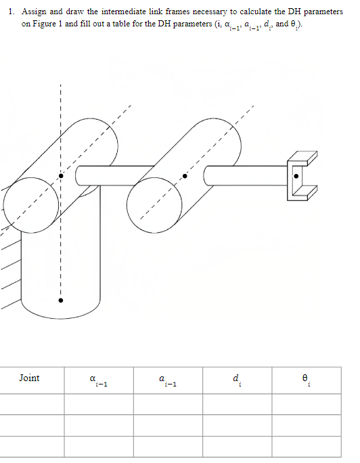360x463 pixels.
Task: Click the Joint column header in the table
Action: tap(29, 378)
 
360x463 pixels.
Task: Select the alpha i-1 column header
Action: tap(99, 381)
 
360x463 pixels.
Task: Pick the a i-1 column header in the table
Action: tap(168, 381)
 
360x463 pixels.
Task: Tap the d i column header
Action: tap(237, 380)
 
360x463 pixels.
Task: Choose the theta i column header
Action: tap(307, 380)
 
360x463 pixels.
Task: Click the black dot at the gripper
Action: tap(296, 175)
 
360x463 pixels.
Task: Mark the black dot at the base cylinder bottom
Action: tap(60, 299)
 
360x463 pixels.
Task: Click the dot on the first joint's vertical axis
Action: tap(60, 175)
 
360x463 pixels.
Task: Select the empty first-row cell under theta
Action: tap(307, 403)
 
